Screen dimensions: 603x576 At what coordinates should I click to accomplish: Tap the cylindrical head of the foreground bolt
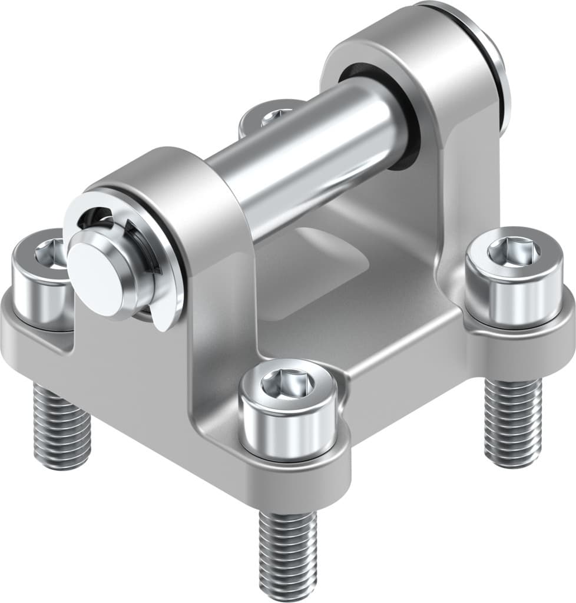(289, 424)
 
